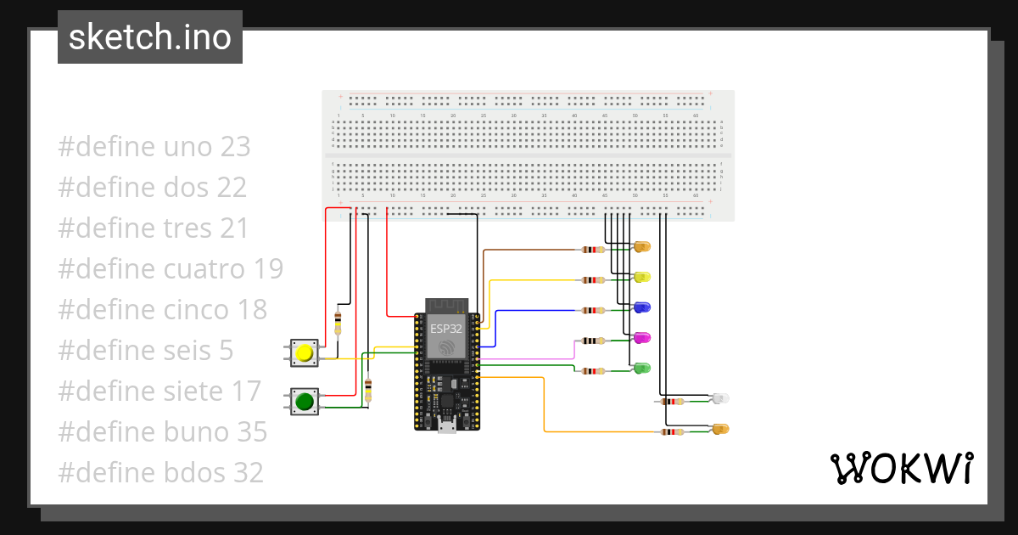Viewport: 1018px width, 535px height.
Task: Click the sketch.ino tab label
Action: pos(150,37)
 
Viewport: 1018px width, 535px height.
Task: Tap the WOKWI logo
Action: pos(900,469)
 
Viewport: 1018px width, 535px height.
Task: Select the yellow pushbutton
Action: pos(304,353)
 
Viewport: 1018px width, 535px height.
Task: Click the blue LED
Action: pos(642,307)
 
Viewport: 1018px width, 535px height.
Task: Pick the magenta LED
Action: pos(642,338)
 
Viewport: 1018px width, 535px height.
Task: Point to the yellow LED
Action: pos(642,278)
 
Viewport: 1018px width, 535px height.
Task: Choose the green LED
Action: pos(642,369)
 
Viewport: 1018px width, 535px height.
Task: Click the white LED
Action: pos(720,398)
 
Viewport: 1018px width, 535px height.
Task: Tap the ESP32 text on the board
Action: pos(445,328)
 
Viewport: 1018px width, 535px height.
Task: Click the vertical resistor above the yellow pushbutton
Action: pos(338,324)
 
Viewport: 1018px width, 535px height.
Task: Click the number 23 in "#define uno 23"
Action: pos(235,147)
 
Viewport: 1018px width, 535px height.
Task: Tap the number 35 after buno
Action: pos(250,432)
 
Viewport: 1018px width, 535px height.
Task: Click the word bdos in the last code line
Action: pos(192,473)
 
